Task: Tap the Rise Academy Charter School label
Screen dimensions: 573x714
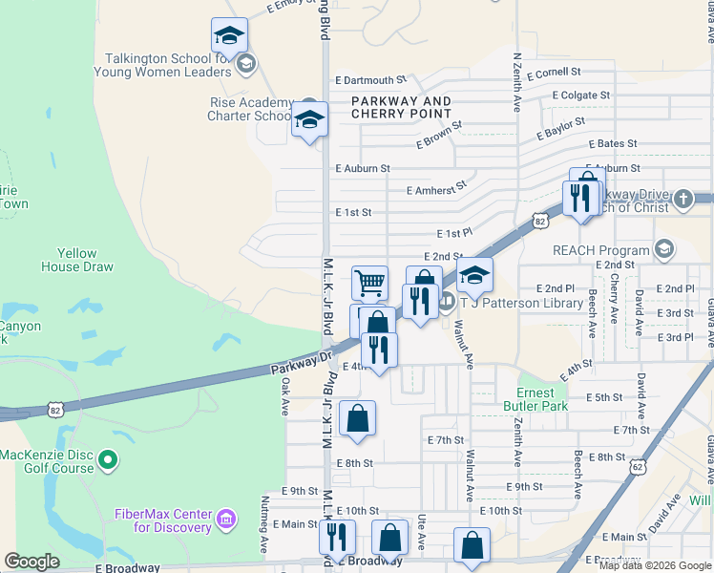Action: [x=250, y=109]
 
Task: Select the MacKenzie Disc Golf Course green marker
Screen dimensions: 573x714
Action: [x=108, y=461]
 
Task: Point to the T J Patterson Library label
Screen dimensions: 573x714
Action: [x=521, y=303]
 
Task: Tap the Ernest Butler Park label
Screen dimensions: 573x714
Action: [x=542, y=399]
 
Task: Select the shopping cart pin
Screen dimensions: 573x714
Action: [x=369, y=283]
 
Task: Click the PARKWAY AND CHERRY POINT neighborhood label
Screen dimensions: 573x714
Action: [x=401, y=107]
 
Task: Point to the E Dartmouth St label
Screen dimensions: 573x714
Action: [x=370, y=81]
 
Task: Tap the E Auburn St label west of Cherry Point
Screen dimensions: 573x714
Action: [x=363, y=168]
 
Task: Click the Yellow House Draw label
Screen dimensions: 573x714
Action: [x=77, y=260]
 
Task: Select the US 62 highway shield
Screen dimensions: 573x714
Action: [x=637, y=466]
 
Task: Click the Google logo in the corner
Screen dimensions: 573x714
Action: [x=31, y=562]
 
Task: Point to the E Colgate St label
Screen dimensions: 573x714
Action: [x=581, y=95]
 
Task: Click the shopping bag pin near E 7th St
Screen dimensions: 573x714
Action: [x=357, y=418]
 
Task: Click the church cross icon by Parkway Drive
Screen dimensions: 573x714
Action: [x=682, y=199]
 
